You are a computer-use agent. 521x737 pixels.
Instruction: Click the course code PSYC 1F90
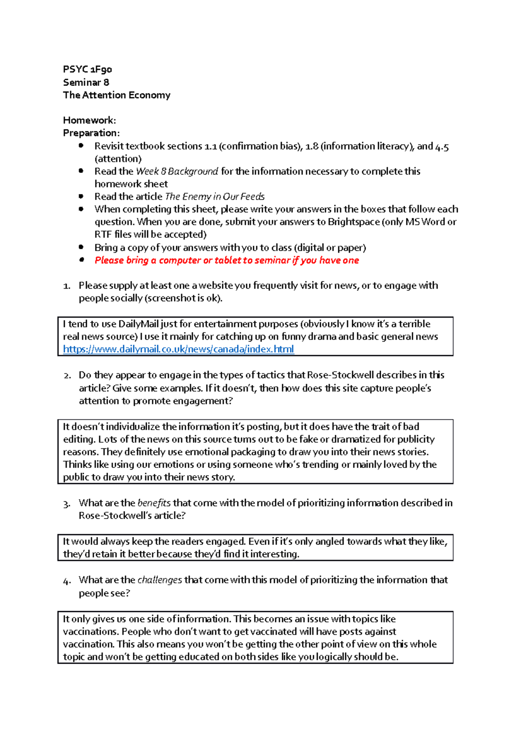[x=87, y=69]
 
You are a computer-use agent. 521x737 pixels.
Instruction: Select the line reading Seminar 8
[x=86, y=82]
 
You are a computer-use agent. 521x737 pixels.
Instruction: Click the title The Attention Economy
[x=116, y=95]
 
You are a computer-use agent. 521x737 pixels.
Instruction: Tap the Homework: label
[x=89, y=120]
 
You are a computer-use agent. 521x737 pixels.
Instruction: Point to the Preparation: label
[x=91, y=133]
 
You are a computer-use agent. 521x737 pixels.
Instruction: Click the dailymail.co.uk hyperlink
[x=178, y=349]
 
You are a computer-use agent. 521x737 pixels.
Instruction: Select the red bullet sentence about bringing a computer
[x=227, y=260]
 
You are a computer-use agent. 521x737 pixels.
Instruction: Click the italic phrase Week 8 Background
[x=177, y=171]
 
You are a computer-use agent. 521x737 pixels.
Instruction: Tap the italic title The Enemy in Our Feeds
[x=215, y=197]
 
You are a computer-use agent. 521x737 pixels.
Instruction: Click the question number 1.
[x=66, y=286]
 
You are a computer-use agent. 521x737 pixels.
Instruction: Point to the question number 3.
[x=66, y=504]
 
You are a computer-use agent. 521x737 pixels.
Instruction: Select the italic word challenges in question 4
[x=159, y=580]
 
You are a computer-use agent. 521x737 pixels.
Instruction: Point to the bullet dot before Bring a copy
[x=81, y=247]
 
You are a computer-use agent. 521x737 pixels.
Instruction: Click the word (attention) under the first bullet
[x=118, y=159]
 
